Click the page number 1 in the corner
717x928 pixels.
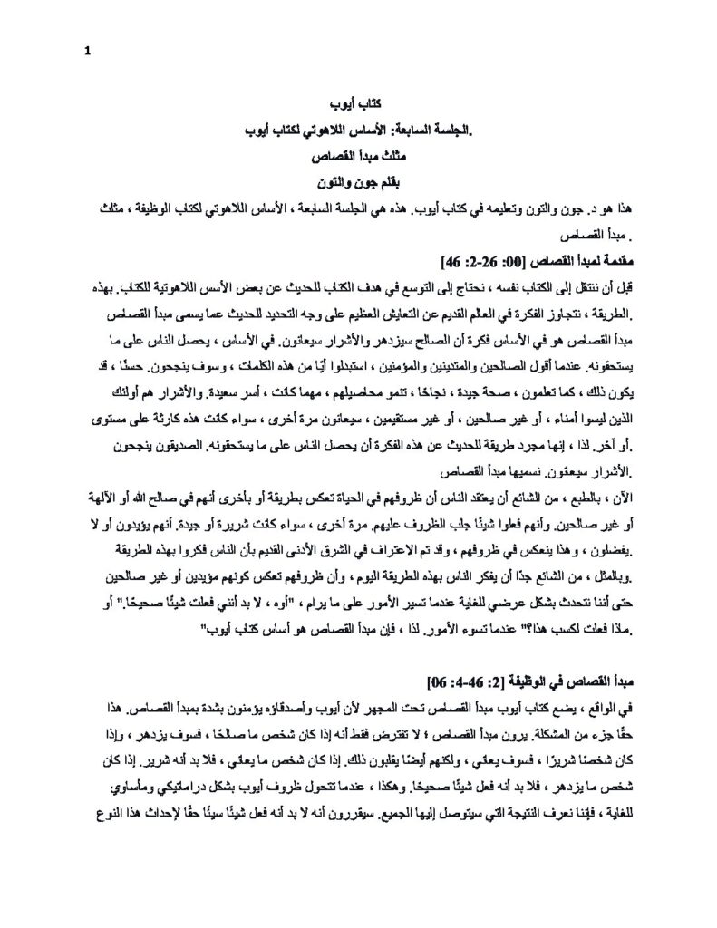pyautogui.click(x=87, y=51)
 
